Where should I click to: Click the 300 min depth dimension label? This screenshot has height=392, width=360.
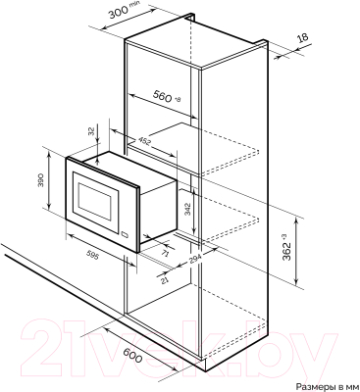(123, 13)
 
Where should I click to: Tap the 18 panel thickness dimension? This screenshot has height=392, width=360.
(302, 37)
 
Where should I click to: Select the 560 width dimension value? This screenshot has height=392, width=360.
(163, 96)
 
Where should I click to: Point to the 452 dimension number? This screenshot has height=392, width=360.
(143, 140)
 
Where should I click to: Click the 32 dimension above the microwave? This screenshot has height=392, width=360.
(92, 131)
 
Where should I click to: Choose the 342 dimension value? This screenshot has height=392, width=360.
(187, 209)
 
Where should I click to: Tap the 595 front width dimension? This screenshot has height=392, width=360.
(92, 255)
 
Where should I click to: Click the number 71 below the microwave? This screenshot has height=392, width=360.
(165, 253)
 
